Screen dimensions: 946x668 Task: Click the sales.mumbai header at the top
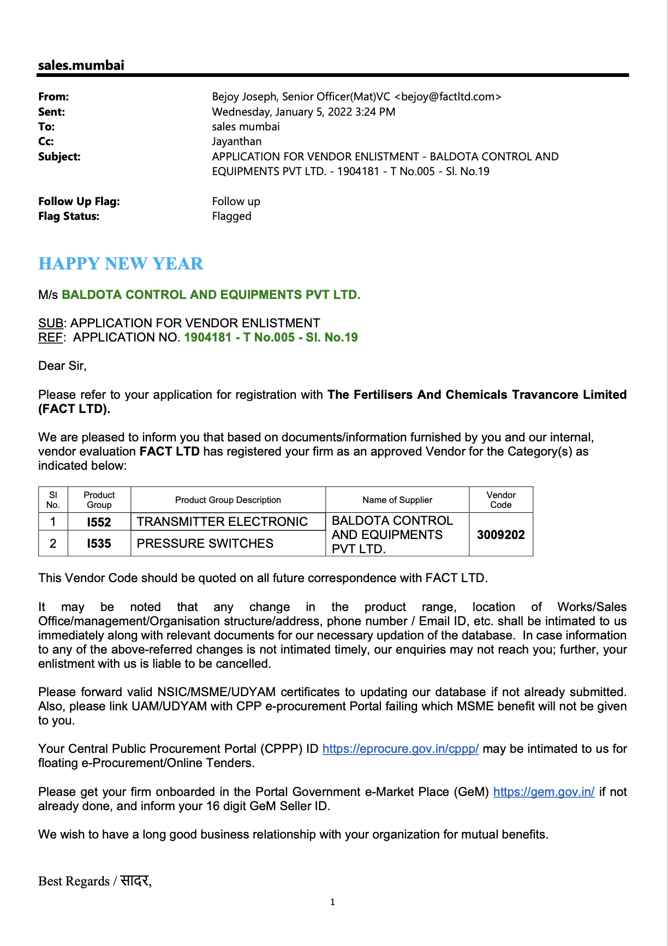(x=81, y=65)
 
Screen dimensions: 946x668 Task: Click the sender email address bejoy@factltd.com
(x=447, y=97)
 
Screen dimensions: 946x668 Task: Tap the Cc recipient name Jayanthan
(x=236, y=141)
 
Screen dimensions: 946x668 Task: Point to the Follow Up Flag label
(x=79, y=201)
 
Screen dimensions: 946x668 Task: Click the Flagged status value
(x=231, y=216)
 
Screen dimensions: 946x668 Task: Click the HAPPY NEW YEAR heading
(x=121, y=264)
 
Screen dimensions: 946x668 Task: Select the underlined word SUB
(x=50, y=323)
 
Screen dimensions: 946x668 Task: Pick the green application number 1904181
(x=208, y=337)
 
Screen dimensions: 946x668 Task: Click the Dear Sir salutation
(x=62, y=366)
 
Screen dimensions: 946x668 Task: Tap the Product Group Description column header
(x=228, y=500)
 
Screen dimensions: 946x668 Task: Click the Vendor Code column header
(x=500, y=500)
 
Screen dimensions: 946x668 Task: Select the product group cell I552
(x=99, y=522)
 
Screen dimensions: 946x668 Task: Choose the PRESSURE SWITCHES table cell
(x=205, y=543)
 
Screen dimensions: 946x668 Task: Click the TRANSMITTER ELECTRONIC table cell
(x=222, y=522)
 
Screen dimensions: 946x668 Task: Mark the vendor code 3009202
(x=500, y=535)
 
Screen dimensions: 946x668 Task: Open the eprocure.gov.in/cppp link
(x=400, y=749)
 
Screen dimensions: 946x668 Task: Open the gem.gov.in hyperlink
(x=544, y=792)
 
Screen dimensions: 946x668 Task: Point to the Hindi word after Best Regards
(x=135, y=881)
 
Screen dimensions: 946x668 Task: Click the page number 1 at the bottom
(x=332, y=902)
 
